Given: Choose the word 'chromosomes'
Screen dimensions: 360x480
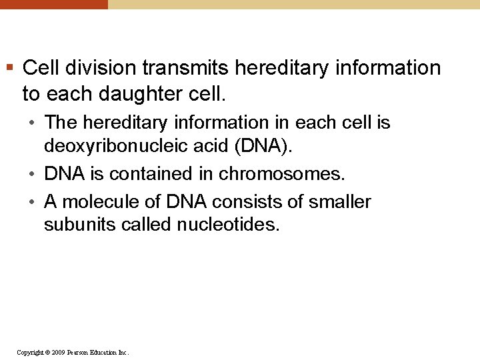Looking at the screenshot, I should click(x=281, y=174).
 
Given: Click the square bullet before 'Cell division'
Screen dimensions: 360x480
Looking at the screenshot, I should click(x=9, y=67).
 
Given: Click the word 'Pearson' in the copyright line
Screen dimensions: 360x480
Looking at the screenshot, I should click(x=78, y=352).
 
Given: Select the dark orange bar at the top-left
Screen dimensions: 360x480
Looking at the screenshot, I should click(x=53, y=4).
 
